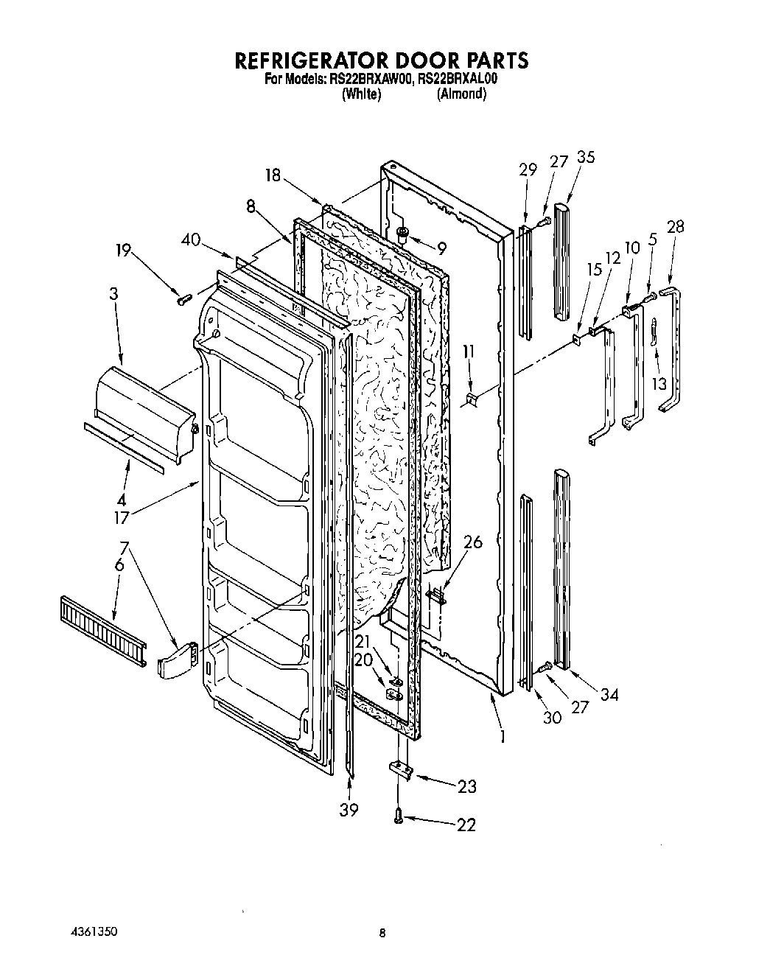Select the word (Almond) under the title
tap(461, 94)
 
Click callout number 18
tap(273, 175)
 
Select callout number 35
tap(586, 157)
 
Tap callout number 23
tap(466, 786)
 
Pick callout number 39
tap(349, 810)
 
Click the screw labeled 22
tap(399, 815)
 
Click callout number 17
tap(121, 517)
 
